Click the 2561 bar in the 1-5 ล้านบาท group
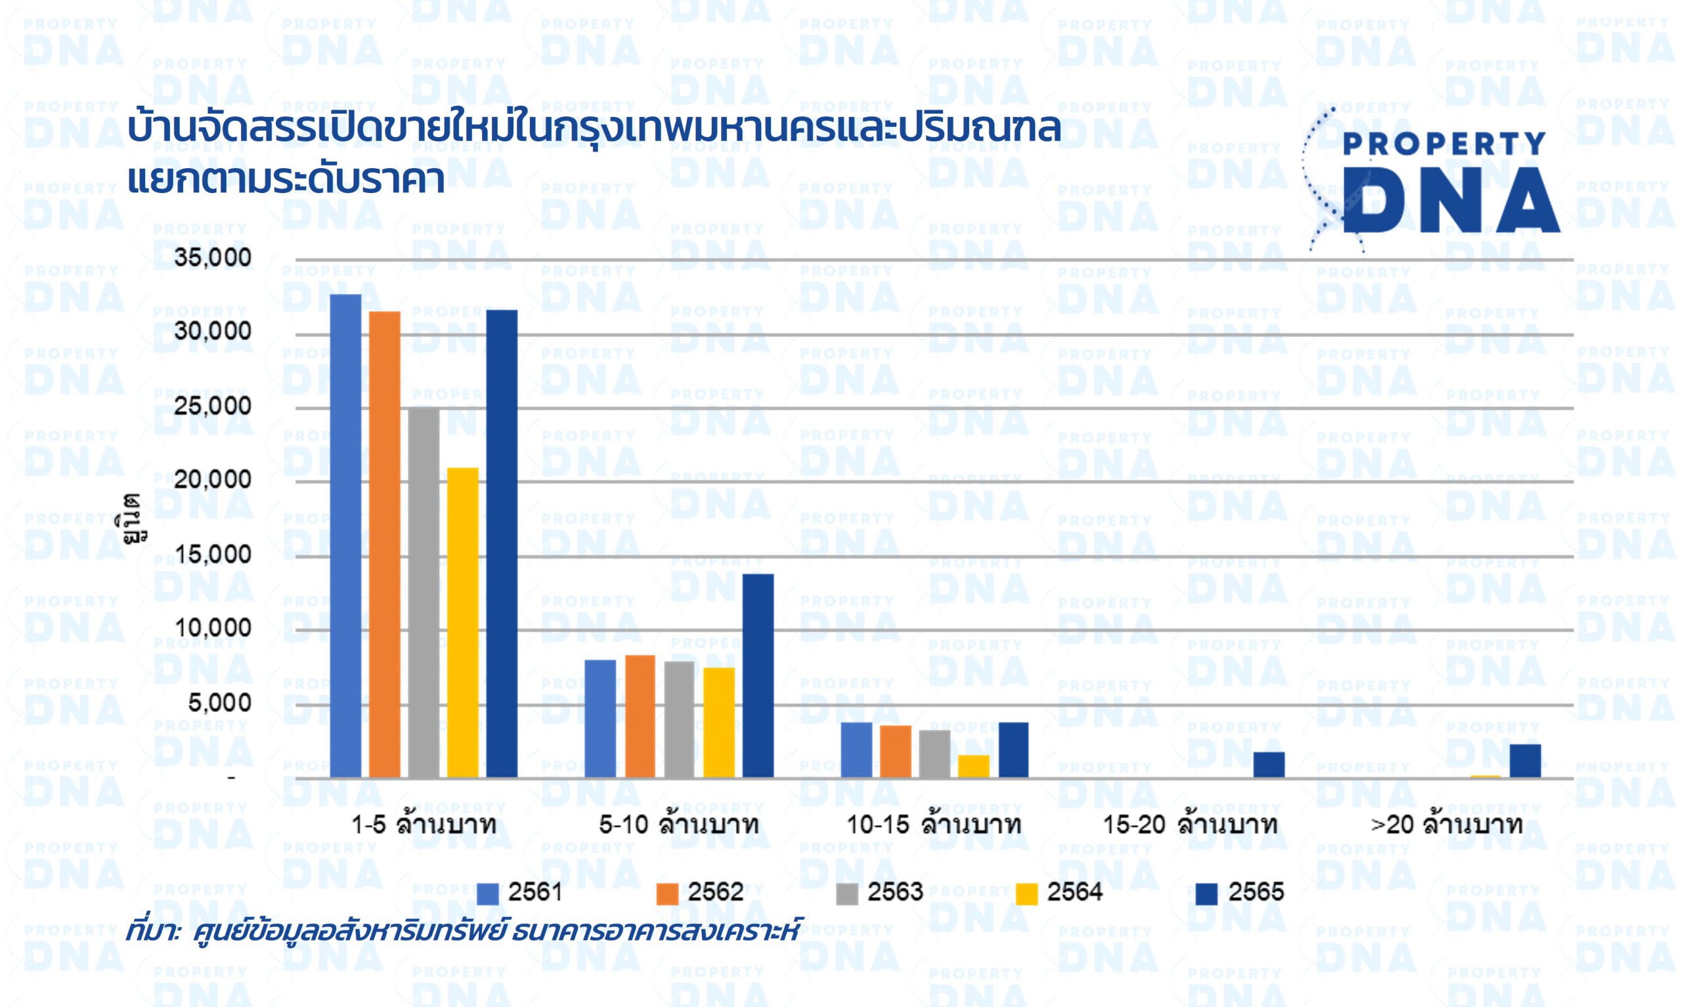point(345,536)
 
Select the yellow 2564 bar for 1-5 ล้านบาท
point(463,623)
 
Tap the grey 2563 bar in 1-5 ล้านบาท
point(424,592)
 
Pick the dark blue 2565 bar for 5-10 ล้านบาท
point(758,676)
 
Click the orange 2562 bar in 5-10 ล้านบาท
point(640,717)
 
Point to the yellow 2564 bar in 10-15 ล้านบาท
point(974,766)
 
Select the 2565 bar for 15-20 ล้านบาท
point(1269,765)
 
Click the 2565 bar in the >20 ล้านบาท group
point(1525,761)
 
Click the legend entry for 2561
point(519,891)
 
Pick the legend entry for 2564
point(1059,891)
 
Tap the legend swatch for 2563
point(848,893)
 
